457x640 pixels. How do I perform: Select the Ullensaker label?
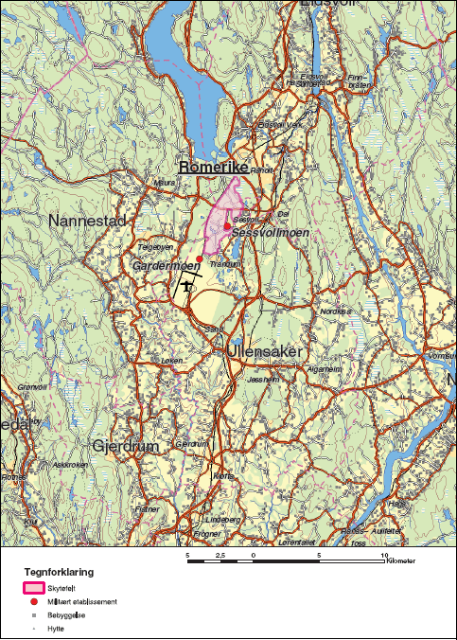coord(264,351)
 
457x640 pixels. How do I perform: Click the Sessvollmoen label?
coord(271,232)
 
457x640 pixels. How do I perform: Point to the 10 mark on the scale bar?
coord(382,554)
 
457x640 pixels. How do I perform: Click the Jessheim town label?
coord(262,379)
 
